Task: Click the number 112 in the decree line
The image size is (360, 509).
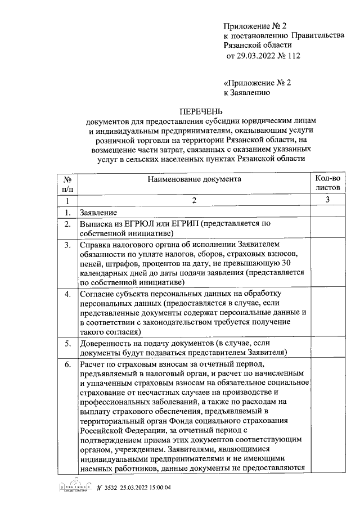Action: (x=292, y=56)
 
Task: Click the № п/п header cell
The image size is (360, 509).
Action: (x=67, y=184)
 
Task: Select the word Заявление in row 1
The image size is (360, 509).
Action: (x=98, y=213)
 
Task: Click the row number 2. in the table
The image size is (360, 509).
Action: (x=67, y=224)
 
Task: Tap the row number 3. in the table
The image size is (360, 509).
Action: (x=67, y=245)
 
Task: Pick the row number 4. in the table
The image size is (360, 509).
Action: (x=67, y=294)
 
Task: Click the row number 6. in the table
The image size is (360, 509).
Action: (x=67, y=364)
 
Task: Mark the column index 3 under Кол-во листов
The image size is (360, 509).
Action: (x=328, y=200)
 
